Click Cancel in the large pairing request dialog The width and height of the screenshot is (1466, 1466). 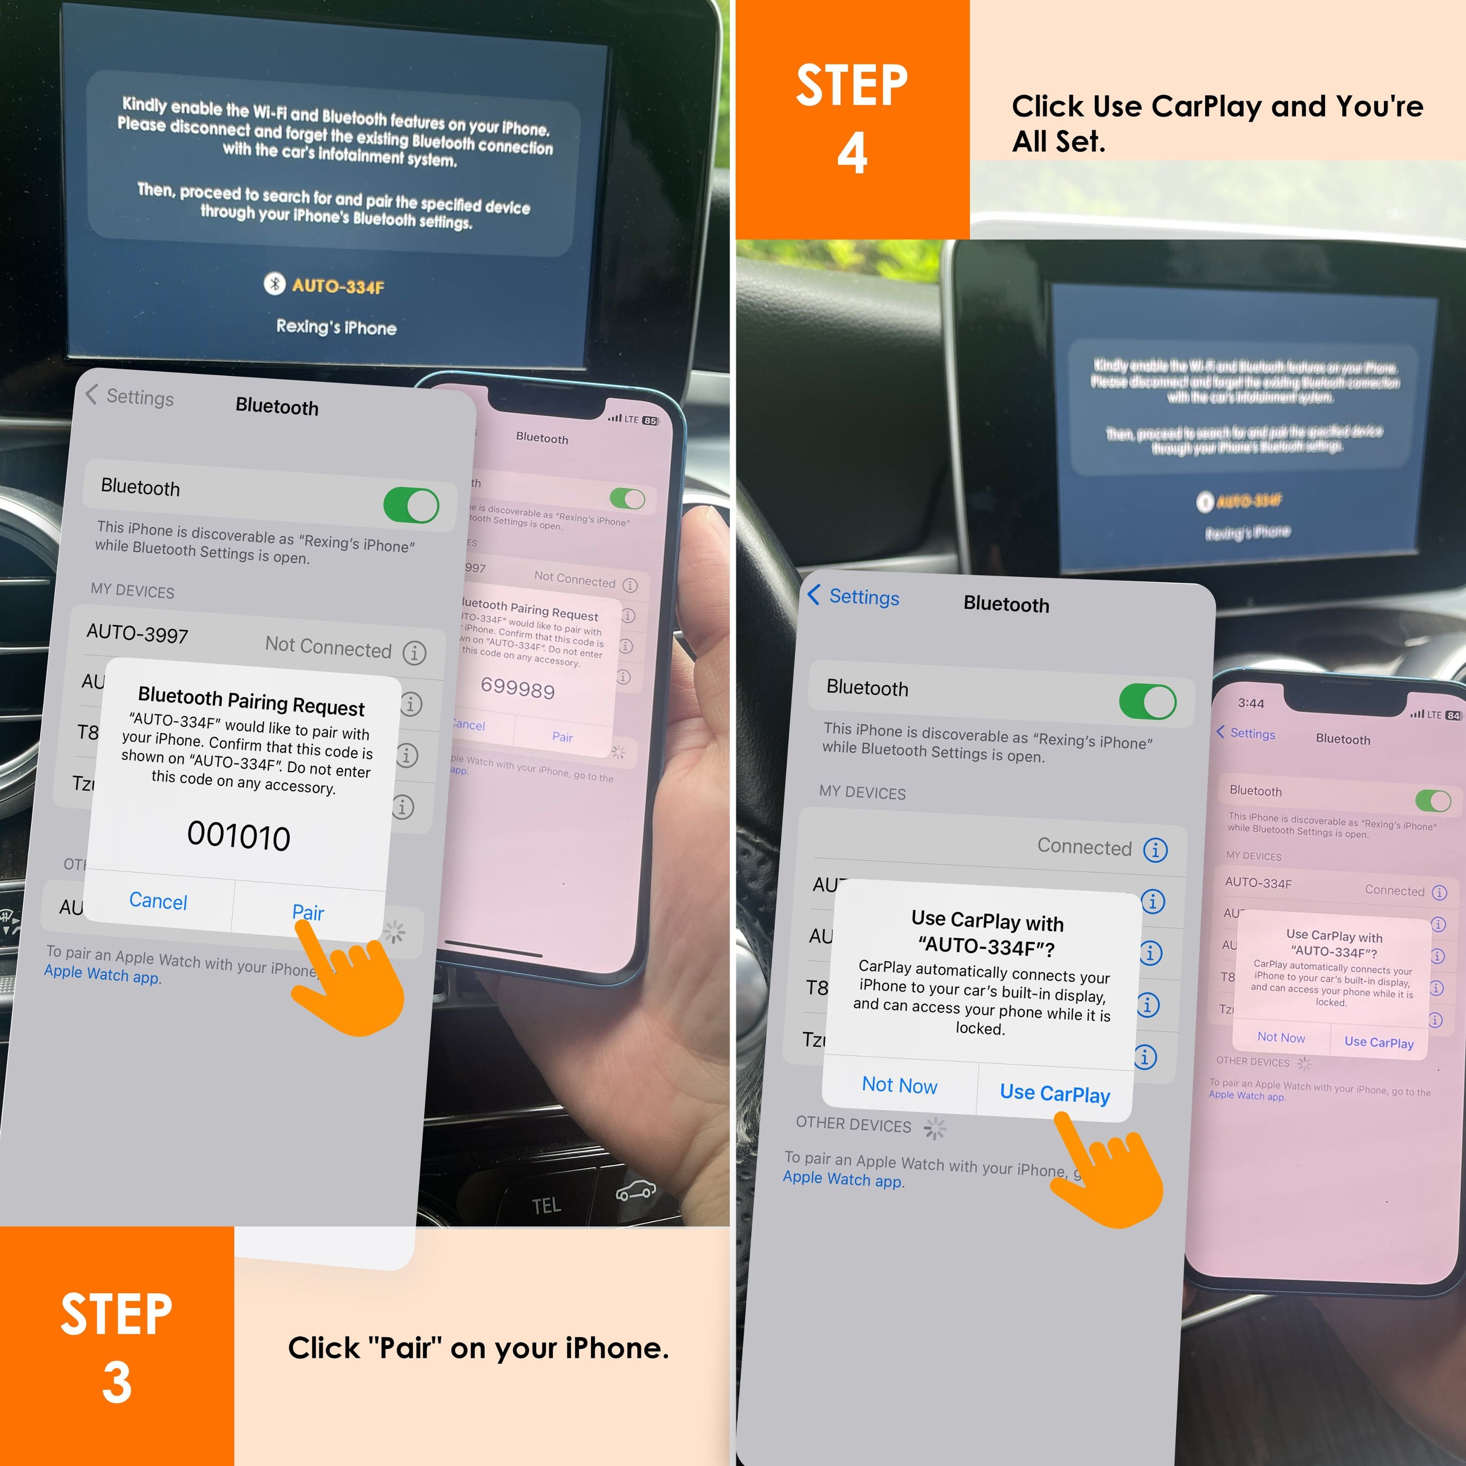click(x=158, y=901)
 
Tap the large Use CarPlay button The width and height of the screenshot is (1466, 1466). click(x=1055, y=1093)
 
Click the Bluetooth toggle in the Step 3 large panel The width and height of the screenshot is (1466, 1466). click(x=411, y=505)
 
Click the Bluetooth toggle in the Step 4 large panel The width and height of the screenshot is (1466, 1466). click(x=1147, y=701)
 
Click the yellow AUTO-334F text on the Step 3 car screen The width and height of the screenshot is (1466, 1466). click(x=338, y=286)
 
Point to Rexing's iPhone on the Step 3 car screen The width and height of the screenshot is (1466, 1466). click(x=336, y=327)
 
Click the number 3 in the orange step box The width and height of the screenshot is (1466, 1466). click(x=117, y=1382)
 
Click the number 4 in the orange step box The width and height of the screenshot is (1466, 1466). click(x=852, y=153)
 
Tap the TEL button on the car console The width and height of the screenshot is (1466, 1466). click(x=546, y=1205)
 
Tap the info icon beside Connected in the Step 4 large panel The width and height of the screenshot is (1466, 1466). click(x=1155, y=850)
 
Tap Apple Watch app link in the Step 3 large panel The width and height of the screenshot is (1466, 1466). click(x=102, y=974)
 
